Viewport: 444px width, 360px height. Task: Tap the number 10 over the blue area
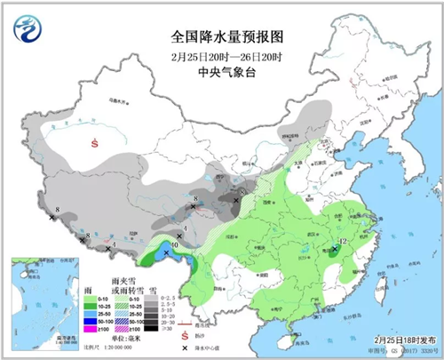tap(174, 244)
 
